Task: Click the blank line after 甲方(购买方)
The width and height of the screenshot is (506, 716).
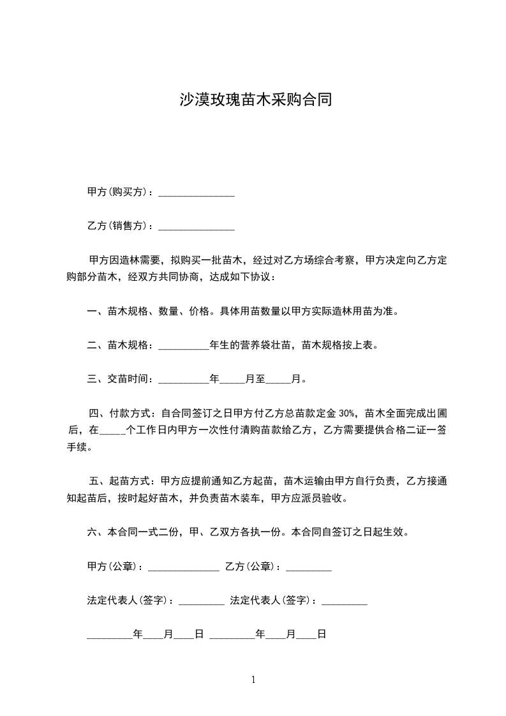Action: pyautogui.click(x=196, y=193)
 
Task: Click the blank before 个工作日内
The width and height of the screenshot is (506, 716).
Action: pyautogui.click(x=113, y=431)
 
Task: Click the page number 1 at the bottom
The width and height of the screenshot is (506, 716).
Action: pyautogui.click(x=253, y=680)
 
